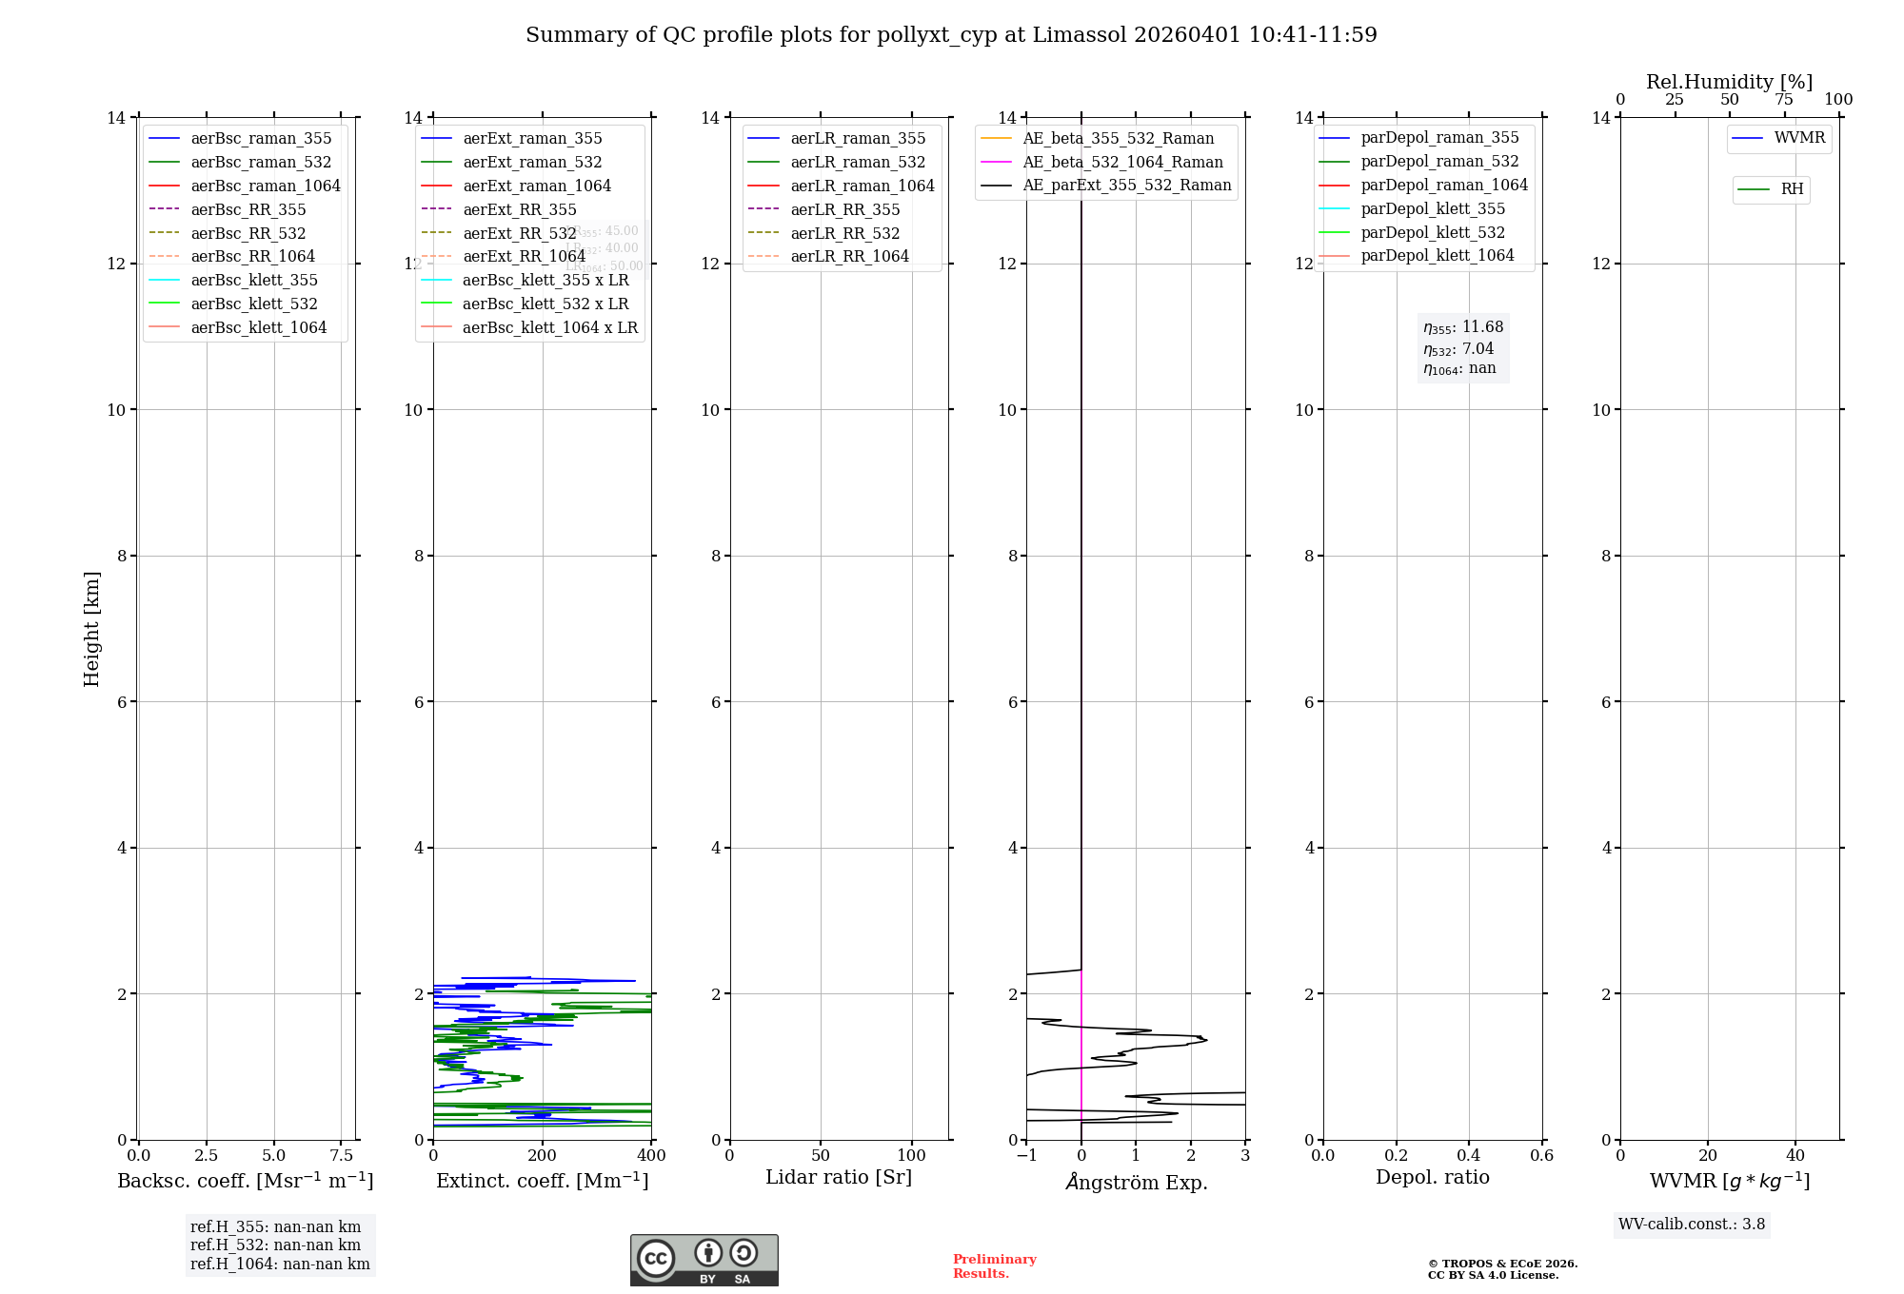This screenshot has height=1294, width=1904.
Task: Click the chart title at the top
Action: [951, 35]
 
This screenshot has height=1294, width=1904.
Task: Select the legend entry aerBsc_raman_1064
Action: [265, 186]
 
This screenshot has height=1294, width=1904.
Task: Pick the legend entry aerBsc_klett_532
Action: [253, 304]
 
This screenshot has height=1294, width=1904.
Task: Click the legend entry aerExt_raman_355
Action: [532, 139]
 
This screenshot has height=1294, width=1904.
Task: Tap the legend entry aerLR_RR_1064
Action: [849, 256]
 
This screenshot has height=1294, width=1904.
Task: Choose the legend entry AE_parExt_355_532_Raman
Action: [1126, 185]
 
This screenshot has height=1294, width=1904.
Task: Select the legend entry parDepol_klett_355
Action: [1433, 208]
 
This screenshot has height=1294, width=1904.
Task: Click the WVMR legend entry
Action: [1799, 138]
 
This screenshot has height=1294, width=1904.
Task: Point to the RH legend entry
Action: [1792, 189]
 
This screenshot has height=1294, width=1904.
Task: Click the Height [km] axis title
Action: [91, 628]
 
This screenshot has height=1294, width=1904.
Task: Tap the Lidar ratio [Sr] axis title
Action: [839, 1177]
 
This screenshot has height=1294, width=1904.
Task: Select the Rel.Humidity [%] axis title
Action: [1729, 82]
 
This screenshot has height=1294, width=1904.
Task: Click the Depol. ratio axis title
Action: [1432, 1177]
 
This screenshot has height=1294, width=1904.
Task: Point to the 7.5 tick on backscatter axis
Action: [342, 1156]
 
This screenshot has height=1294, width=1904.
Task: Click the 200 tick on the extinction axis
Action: [543, 1156]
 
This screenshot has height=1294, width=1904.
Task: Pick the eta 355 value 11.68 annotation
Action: [1463, 327]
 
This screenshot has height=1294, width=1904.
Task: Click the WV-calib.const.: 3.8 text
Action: [1692, 1225]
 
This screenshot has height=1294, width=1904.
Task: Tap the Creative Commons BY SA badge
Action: [704, 1260]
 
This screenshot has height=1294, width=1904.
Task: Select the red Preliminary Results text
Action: [994, 1266]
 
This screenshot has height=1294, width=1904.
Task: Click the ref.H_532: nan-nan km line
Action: [275, 1245]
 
